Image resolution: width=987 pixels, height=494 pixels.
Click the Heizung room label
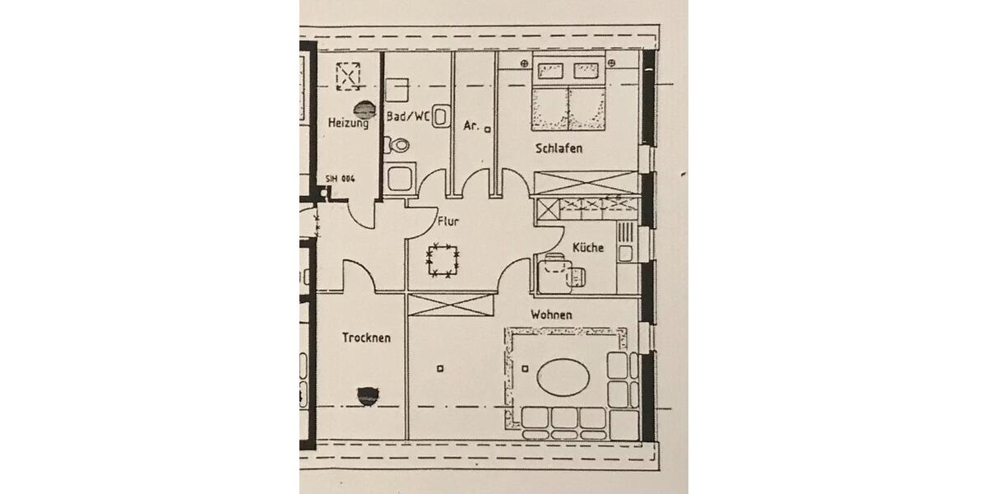point(348,123)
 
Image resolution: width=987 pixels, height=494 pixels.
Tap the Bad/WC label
point(408,117)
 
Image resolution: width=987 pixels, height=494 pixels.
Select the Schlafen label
point(558,149)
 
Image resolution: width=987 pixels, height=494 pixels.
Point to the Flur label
point(448,221)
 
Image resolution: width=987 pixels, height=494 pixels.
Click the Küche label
point(588,247)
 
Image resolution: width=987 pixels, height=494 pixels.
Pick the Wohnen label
point(551,315)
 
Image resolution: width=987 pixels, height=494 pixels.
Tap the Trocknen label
point(366,338)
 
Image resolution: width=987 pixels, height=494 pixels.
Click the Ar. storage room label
point(471,126)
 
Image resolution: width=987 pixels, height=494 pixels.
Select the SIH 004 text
point(339,179)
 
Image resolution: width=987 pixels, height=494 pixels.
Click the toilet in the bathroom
point(400,144)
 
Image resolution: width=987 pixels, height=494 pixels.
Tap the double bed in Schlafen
point(568,98)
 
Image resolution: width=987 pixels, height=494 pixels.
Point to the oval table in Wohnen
point(563,378)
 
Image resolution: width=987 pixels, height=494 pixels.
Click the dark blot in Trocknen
point(364,396)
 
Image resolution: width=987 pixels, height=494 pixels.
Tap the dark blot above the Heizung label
point(362,107)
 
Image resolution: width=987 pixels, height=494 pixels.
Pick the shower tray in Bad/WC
point(401,177)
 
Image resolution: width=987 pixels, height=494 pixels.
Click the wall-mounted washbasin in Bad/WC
point(442,116)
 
